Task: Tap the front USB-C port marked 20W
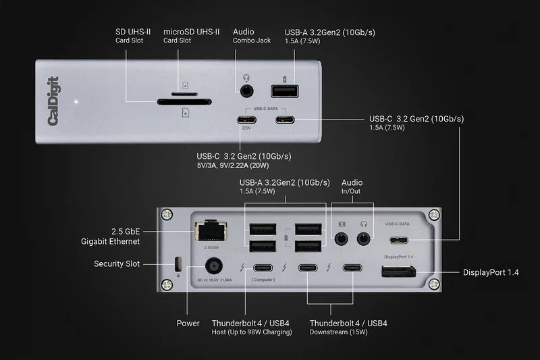[246, 122]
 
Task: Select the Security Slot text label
[117, 263]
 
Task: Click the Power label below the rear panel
[188, 323]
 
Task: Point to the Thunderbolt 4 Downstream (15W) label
[348, 328]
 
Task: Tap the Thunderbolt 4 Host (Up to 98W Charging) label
[251, 328]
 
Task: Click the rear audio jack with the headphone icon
[365, 237]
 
